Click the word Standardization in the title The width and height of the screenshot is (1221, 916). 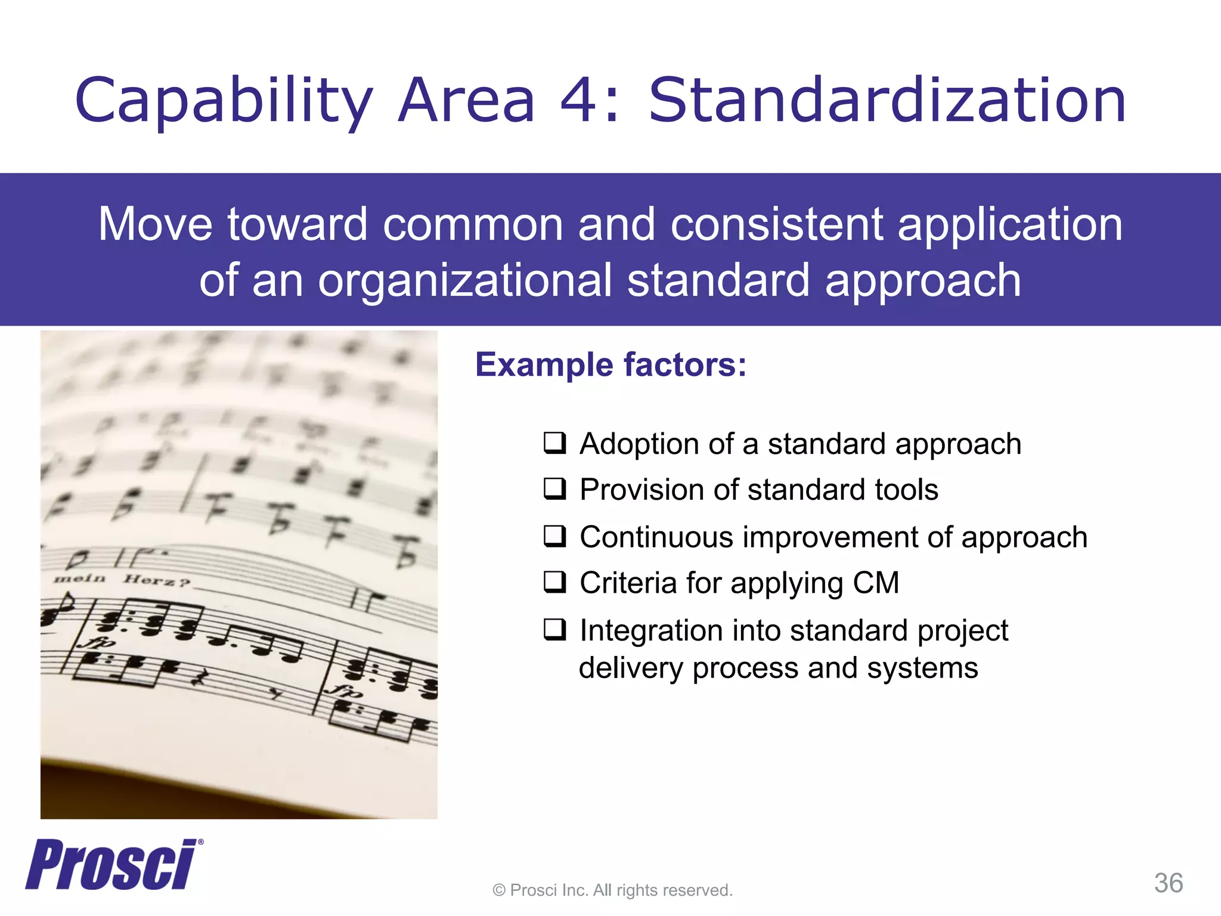coord(887,101)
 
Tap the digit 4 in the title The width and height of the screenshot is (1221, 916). coord(578,101)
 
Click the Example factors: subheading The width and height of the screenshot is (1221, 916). coord(610,364)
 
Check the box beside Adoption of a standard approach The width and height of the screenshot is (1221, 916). coord(554,444)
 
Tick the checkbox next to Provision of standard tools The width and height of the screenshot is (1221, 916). coord(554,490)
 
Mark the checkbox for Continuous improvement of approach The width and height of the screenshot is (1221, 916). coord(554,537)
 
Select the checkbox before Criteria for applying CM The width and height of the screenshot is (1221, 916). coord(554,583)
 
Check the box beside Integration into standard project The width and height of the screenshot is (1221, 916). coord(554,630)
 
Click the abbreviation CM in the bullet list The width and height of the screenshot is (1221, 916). coord(875,583)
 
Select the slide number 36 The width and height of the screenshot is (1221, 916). coord(1169,883)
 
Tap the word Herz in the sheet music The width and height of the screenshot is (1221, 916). coord(153,580)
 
